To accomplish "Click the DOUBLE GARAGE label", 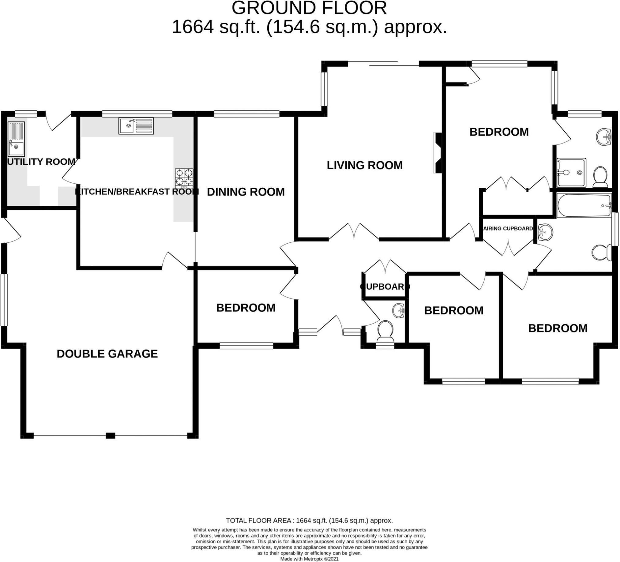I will point(107,354).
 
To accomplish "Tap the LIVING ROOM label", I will point(364,165).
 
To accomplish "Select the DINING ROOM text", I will point(246,192).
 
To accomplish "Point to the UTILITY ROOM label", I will point(41,162).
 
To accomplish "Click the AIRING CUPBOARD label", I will point(508,229).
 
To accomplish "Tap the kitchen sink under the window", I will point(136,126).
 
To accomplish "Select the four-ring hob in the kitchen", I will point(184,178).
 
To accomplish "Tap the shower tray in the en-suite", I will point(571,173).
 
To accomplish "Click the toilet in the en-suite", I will point(600,177).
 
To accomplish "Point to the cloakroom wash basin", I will point(399,310).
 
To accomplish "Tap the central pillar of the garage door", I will point(111,436).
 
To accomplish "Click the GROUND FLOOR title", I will point(309,8).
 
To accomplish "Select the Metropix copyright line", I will point(309,559).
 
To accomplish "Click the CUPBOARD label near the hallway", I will point(385,287).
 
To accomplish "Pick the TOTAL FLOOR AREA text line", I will point(309,520).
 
